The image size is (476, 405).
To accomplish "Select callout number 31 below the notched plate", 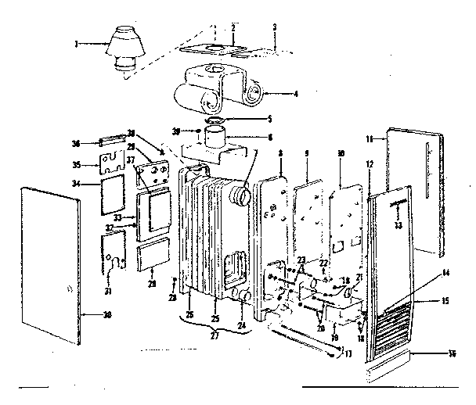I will tap(108, 292).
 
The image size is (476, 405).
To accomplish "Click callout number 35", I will tap(77, 164).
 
